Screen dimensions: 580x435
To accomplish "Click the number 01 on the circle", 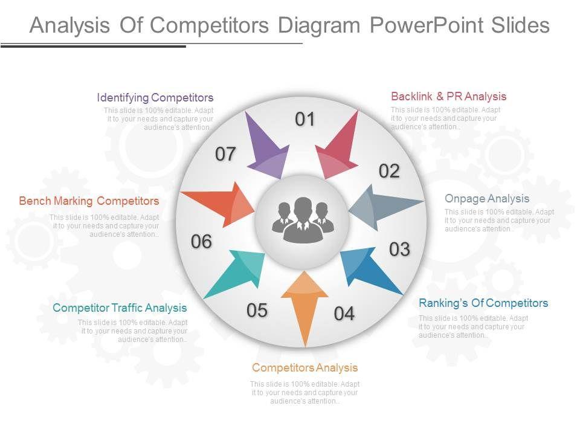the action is pos(306,120).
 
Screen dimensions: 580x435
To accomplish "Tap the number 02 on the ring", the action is pos(390,172).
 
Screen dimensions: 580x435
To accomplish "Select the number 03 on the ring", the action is pos(399,249).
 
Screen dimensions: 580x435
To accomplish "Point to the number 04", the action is pos(344,314).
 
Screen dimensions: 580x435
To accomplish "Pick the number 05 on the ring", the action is pos(257,311).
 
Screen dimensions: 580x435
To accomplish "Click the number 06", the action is pos(202,242).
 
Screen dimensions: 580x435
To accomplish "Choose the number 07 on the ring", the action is pos(225,155).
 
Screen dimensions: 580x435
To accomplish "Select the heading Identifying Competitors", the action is pos(155,98).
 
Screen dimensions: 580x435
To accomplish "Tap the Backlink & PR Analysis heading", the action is pos(448,97).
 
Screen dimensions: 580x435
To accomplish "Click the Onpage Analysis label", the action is pos(487,198).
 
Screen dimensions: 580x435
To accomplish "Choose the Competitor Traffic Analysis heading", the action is pos(120,308).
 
